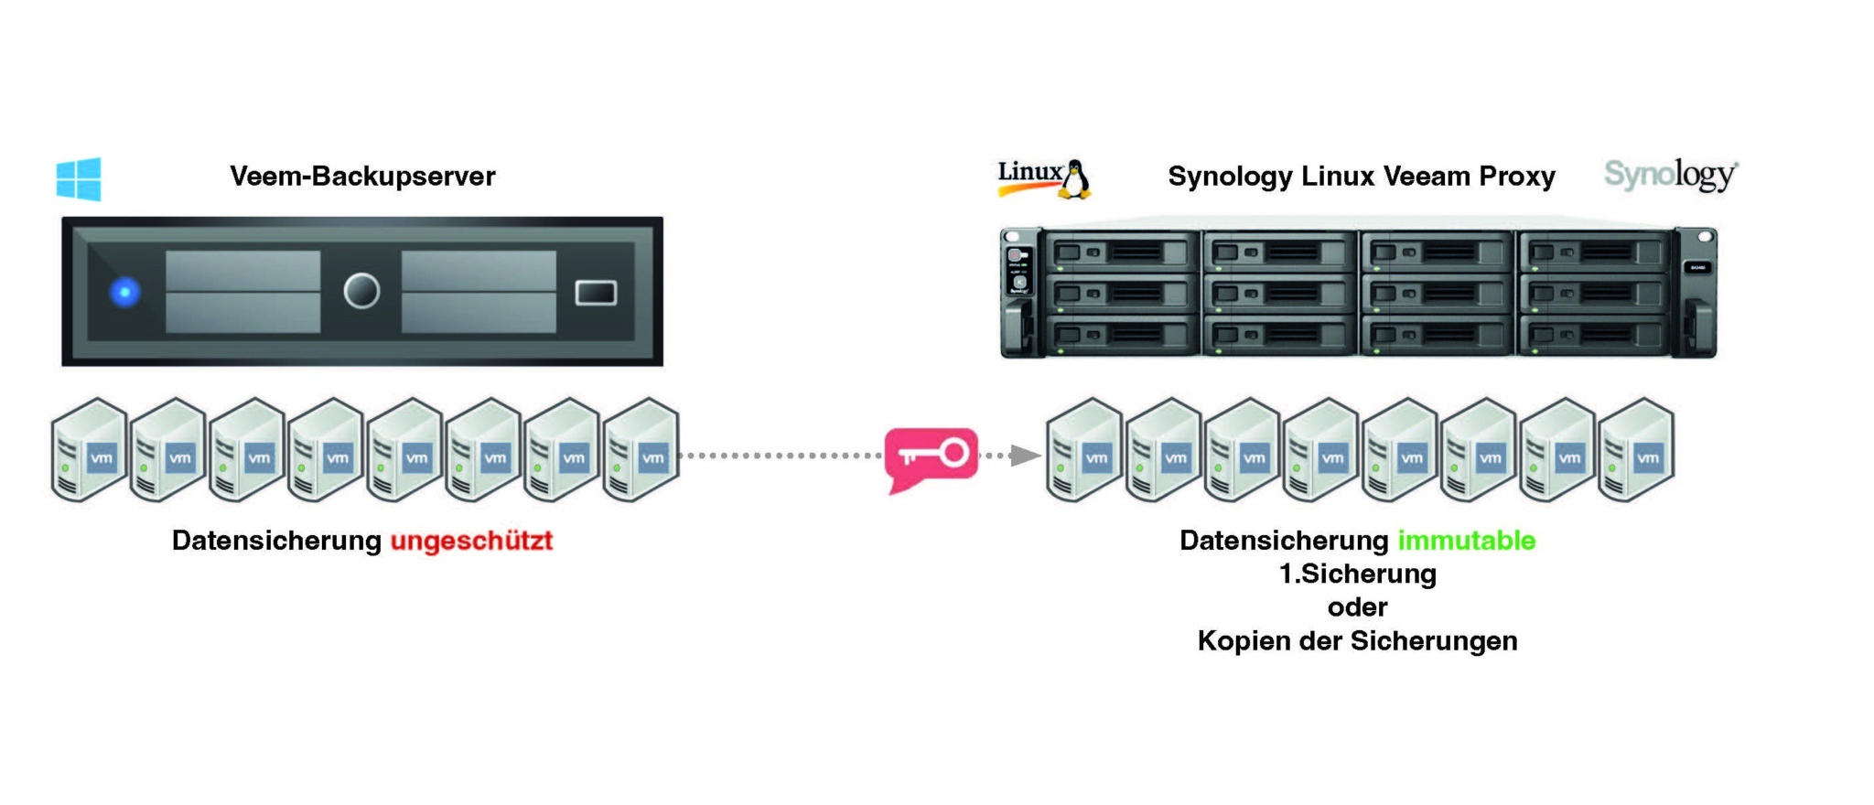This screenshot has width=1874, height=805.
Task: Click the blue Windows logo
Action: [x=79, y=178]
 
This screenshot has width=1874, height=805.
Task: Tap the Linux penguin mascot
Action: [x=1076, y=179]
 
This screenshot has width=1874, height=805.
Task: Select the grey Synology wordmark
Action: [x=1669, y=174]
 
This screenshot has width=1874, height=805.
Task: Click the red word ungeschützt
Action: [x=471, y=541]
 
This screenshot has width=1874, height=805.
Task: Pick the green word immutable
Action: [x=1466, y=541]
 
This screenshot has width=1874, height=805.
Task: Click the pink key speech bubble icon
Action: [x=932, y=455]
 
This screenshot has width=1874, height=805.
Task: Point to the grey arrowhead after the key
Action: [x=1026, y=455]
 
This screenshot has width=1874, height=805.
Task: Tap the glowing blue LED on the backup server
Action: [x=125, y=292]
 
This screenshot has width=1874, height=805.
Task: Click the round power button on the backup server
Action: [x=361, y=292]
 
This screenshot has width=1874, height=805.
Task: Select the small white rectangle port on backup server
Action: [x=596, y=293]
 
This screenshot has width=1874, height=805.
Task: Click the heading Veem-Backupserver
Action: [x=362, y=176]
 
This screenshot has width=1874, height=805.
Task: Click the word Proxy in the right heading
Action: [x=1517, y=176]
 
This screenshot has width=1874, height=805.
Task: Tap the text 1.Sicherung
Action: [x=1357, y=574]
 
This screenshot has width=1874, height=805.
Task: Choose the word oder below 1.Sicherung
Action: [x=1357, y=607]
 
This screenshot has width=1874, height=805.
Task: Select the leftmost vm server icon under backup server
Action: [x=89, y=450]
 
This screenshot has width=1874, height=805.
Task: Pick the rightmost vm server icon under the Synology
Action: [x=1636, y=450]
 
